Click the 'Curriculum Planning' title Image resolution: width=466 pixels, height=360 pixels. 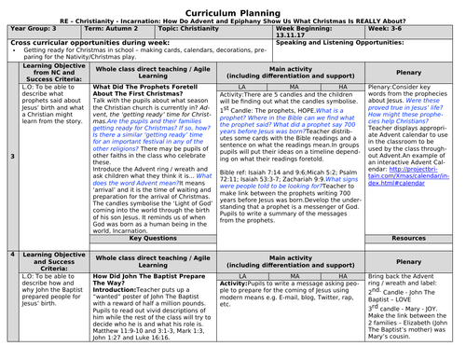coord(233,7)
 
